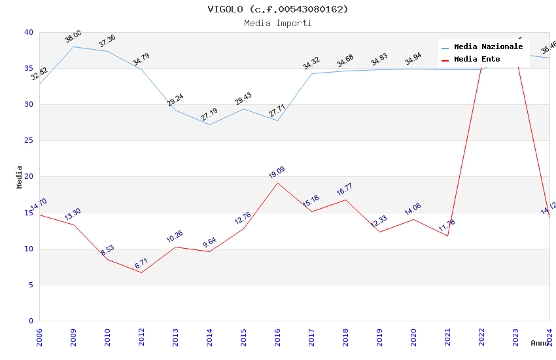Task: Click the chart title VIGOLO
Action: [278, 9]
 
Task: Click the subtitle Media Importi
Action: [278, 23]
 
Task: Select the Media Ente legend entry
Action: [477, 59]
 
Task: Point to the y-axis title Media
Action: [20, 177]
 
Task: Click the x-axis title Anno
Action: [540, 343]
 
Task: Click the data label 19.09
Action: [277, 173]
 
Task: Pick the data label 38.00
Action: [73, 37]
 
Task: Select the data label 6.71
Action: [142, 263]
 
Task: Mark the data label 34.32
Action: [311, 63]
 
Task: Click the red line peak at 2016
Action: [277, 183]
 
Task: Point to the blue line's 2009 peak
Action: [73, 46]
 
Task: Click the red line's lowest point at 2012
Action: [141, 272]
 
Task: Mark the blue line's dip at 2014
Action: [209, 124]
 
